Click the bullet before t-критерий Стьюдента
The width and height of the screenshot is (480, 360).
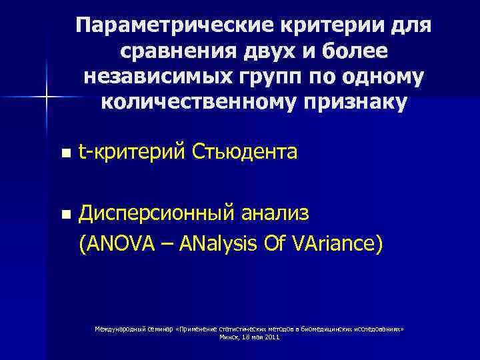point(64,153)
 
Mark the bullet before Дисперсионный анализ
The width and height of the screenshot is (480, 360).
point(64,215)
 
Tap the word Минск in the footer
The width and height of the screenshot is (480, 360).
point(229,337)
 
